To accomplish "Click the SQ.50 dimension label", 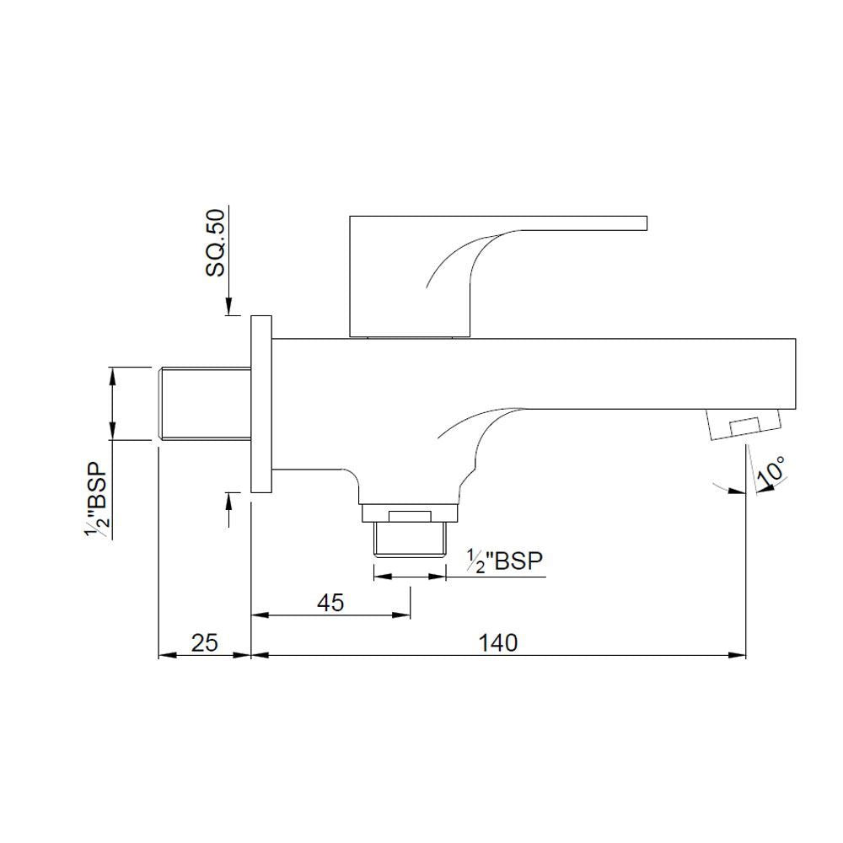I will (x=217, y=245).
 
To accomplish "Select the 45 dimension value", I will (x=330, y=603).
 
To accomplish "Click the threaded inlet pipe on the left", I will (x=205, y=403).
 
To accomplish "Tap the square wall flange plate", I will (x=261, y=404).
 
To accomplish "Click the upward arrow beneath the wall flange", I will (x=228, y=502).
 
